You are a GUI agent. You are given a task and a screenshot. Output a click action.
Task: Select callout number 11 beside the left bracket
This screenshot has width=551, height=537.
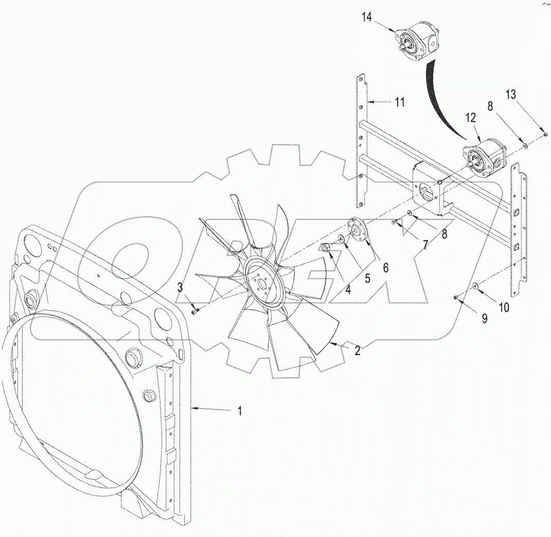[x=400, y=102]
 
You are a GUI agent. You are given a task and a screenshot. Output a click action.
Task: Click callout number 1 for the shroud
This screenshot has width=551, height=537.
[x=240, y=411]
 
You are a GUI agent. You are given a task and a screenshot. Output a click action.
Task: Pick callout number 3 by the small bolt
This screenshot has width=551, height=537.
[x=180, y=288]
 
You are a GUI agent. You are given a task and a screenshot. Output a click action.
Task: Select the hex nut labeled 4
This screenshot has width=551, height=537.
[x=326, y=248]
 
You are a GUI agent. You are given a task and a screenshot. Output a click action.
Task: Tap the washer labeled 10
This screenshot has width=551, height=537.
[x=474, y=284]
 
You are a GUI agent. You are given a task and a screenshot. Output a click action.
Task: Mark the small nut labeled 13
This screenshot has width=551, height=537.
[x=545, y=134]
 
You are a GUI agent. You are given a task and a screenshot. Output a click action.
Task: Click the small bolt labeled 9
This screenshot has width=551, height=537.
[x=456, y=297]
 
